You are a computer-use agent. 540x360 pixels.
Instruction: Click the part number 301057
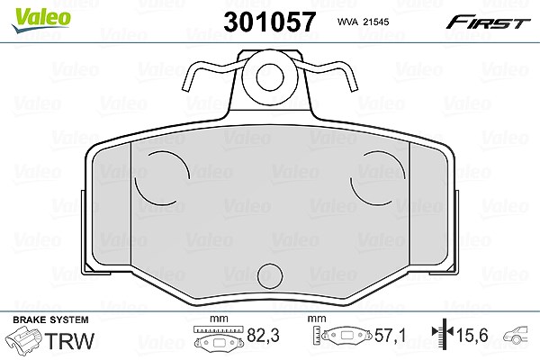point(270,22)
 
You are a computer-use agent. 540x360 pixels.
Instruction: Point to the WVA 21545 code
point(363,22)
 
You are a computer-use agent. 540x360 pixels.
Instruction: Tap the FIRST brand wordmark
point(489,22)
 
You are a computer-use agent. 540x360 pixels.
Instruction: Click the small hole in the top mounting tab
point(270,77)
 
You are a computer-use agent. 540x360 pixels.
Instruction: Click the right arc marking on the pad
point(377,178)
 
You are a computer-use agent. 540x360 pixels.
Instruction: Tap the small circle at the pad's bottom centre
point(270,276)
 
